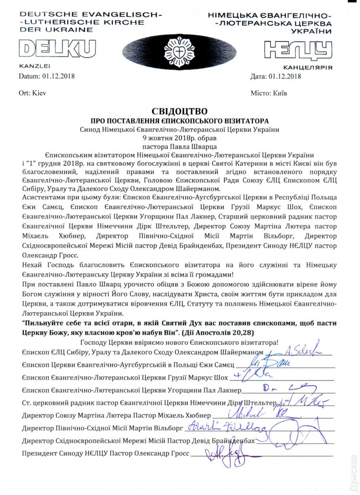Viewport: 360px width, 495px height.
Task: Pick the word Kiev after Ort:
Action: pyautogui.click(x=39, y=93)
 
